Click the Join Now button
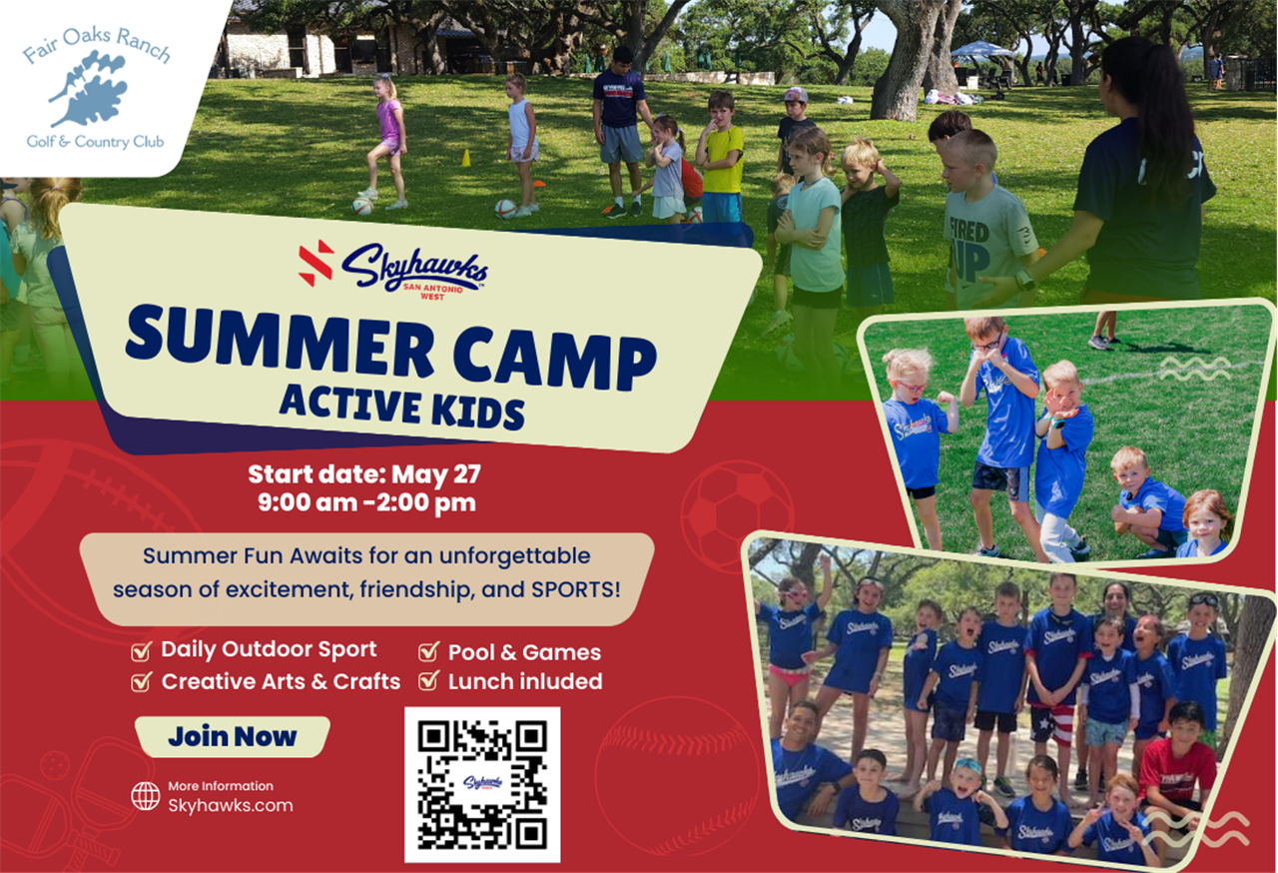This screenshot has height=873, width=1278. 233,736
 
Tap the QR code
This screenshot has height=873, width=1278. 482,784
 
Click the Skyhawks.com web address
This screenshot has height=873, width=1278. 231,805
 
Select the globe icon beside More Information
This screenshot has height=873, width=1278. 146,796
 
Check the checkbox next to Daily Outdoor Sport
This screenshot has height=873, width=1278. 141,651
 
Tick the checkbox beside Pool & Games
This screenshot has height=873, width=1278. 428,651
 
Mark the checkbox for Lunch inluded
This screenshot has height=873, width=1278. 428,680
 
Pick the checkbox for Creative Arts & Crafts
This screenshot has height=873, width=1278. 141,681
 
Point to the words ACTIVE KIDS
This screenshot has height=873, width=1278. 401,407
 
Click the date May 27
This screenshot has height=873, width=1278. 436,474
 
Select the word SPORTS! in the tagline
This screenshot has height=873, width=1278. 576,589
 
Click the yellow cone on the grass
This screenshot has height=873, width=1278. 466,158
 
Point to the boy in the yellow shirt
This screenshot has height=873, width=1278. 721,157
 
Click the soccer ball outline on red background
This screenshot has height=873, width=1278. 737,515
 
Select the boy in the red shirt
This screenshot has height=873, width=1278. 1179,759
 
